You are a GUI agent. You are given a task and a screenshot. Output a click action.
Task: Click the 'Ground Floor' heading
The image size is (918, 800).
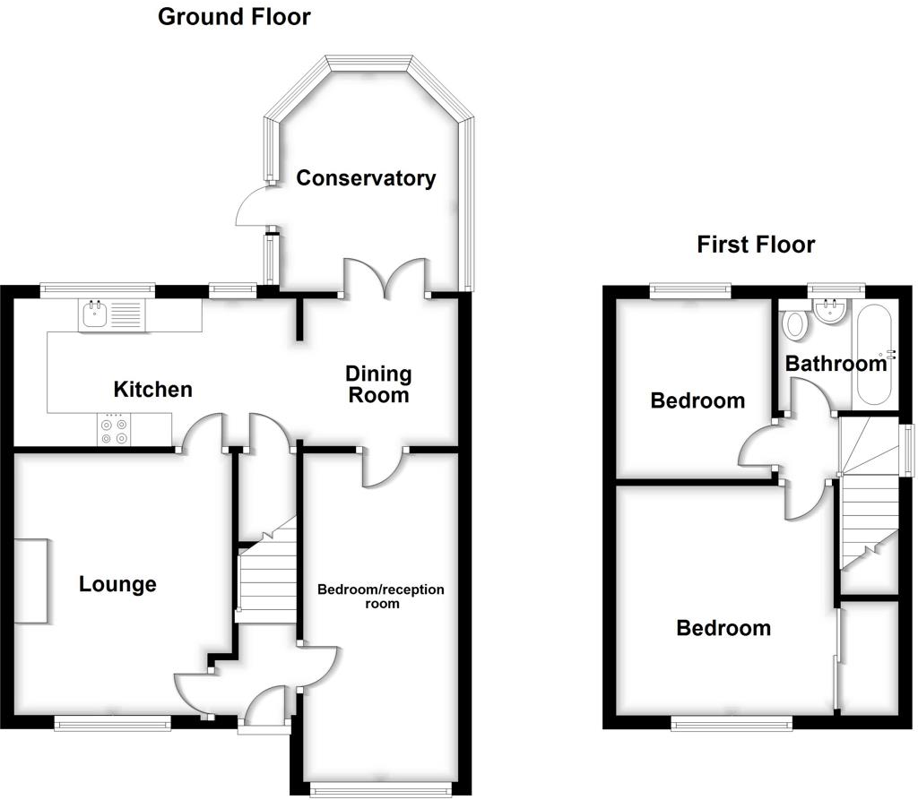(x=234, y=16)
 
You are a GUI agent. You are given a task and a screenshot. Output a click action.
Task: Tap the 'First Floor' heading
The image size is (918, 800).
(x=756, y=245)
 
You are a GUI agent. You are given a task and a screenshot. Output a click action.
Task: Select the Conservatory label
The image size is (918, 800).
(x=366, y=178)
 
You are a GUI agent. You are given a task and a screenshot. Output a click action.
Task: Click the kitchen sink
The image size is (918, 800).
(x=110, y=314)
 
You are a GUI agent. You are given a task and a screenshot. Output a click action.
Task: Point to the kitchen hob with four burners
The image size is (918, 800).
(x=114, y=428)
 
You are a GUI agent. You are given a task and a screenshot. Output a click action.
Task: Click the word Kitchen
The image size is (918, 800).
(x=152, y=390)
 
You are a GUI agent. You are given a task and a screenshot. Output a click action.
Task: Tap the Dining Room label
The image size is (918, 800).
(x=378, y=383)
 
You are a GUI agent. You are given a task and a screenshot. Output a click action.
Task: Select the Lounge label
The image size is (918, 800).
(x=117, y=585)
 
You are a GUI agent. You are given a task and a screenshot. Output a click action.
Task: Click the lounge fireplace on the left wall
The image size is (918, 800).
(x=31, y=581)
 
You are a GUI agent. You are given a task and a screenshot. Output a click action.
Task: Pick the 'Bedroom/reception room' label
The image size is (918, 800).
(x=382, y=596)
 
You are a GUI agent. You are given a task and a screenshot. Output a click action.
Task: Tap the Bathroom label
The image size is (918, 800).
(x=836, y=364)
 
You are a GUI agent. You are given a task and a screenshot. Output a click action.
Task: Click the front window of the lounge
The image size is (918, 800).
(x=112, y=723)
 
